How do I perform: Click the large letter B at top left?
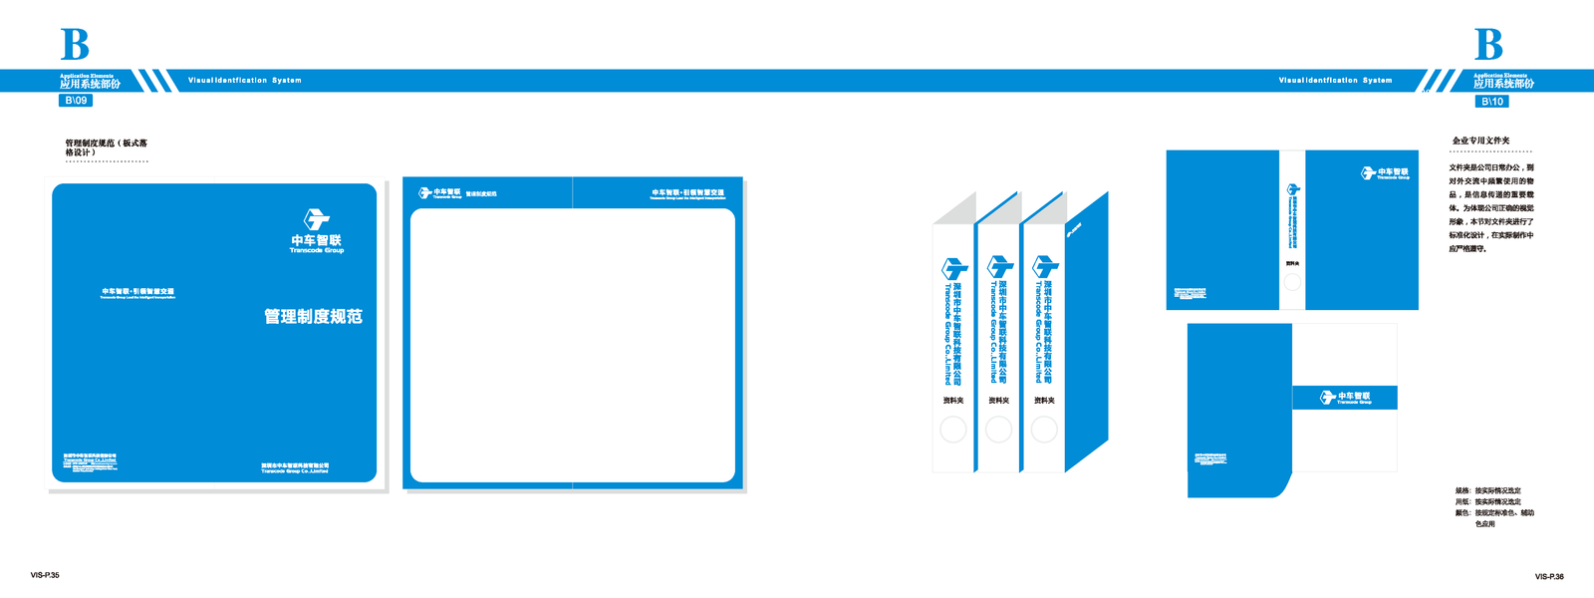pyautogui.click(x=75, y=45)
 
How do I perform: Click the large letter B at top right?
pyautogui.click(x=1488, y=45)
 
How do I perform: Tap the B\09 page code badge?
pyautogui.click(x=76, y=101)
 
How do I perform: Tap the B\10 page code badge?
pyautogui.click(x=1491, y=102)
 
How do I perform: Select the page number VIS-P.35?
pyautogui.click(x=45, y=575)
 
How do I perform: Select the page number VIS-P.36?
pyautogui.click(x=1549, y=576)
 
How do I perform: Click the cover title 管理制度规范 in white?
pyautogui.click(x=313, y=317)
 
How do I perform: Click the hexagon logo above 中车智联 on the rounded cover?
pyautogui.click(x=317, y=219)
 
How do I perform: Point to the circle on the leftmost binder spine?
pyautogui.click(x=953, y=430)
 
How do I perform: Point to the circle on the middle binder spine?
pyautogui.click(x=998, y=430)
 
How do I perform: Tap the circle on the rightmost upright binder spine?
pyautogui.click(x=1044, y=430)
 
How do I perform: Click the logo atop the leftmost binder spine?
pyautogui.click(x=954, y=268)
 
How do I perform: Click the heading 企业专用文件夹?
pyautogui.click(x=1480, y=142)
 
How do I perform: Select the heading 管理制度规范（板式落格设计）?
pyautogui.click(x=106, y=148)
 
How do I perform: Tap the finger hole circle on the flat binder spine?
pyautogui.click(x=1292, y=282)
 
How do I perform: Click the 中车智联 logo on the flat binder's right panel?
pyautogui.click(x=1386, y=173)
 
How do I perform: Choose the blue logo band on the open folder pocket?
pyautogui.click(x=1345, y=398)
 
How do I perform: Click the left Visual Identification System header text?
pyautogui.click(x=244, y=81)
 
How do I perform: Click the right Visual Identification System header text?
pyautogui.click(x=1335, y=81)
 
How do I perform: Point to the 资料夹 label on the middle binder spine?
pyautogui.click(x=998, y=401)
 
